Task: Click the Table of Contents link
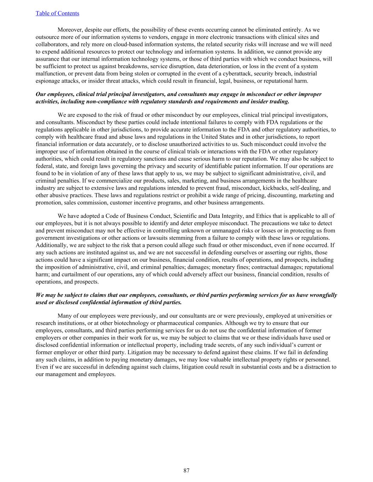coord(57,13)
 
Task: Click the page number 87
coord(186,470)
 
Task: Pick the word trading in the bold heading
coord(279,102)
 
